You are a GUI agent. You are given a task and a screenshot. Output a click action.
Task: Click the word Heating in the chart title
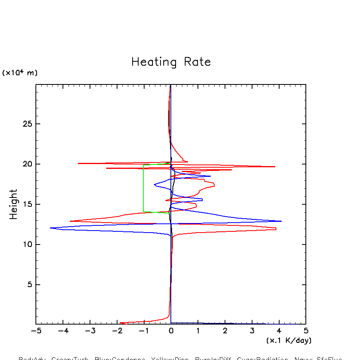coord(154,63)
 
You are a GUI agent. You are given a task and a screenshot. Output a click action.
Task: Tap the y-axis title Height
coord(14,204)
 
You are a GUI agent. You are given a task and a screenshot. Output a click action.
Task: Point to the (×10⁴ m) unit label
coord(20,73)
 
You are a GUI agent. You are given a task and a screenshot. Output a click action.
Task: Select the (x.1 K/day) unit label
coord(289,340)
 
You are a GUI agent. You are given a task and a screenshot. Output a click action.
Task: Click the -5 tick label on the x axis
coord(36,331)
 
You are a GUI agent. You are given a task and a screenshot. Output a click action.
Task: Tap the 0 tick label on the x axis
coord(171,331)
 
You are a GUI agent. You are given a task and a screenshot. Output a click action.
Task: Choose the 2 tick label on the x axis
coord(225,331)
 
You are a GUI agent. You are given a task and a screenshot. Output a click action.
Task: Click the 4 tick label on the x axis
coord(279,331)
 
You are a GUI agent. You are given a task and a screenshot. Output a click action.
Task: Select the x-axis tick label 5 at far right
coord(306,331)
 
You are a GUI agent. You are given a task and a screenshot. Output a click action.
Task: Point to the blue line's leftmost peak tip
coord(51,228)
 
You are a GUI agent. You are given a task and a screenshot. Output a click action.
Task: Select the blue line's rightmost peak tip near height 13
coord(281,221)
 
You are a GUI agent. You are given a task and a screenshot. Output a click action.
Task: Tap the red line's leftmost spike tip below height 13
coord(70,221)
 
